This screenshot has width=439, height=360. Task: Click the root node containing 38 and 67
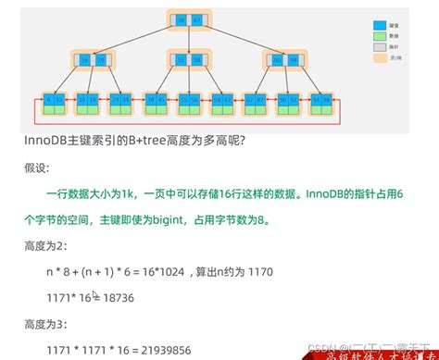[191, 19]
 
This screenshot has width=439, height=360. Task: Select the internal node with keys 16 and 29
[95, 61]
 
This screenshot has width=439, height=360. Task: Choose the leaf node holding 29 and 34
[120, 100]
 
